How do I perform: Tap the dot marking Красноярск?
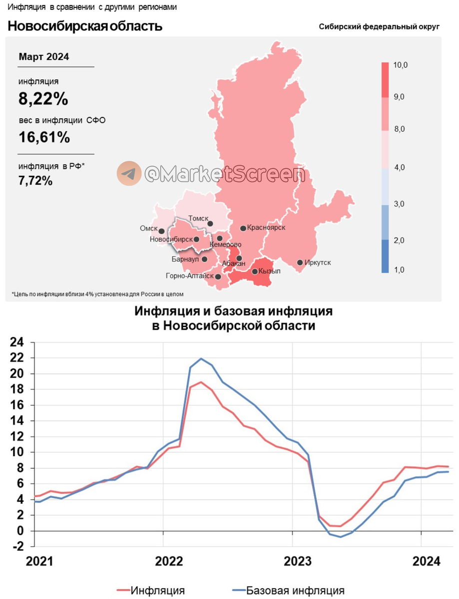pyautogui.click(x=243, y=228)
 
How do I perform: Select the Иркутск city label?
pyautogui.click(x=317, y=263)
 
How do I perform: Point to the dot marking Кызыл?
pyautogui.click(x=255, y=272)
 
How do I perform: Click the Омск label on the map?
pyautogui.click(x=149, y=228)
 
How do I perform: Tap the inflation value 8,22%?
pyautogui.click(x=43, y=99)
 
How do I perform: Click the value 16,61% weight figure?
pyautogui.click(x=44, y=137)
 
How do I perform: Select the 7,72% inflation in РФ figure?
pyautogui.click(x=35, y=181)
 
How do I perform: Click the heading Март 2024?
pyautogui.click(x=44, y=57)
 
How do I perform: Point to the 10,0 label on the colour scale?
pyautogui.click(x=401, y=65)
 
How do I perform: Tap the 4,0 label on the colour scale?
pyautogui.click(x=400, y=167)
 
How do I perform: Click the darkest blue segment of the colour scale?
pyautogui.click(x=385, y=256)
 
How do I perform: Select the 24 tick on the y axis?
pyautogui.click(x=17, y=342)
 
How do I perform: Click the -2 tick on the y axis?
pyautogui.click(x=17, y=547)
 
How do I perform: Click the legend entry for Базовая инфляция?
pyautogui.click(x=295, y=591)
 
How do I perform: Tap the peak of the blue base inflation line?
pyautogui.click(x=201, y=358)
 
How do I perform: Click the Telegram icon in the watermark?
pyautogui.click(x=129, y=174)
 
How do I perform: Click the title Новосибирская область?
pyautogui.click(x=85, y=26)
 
